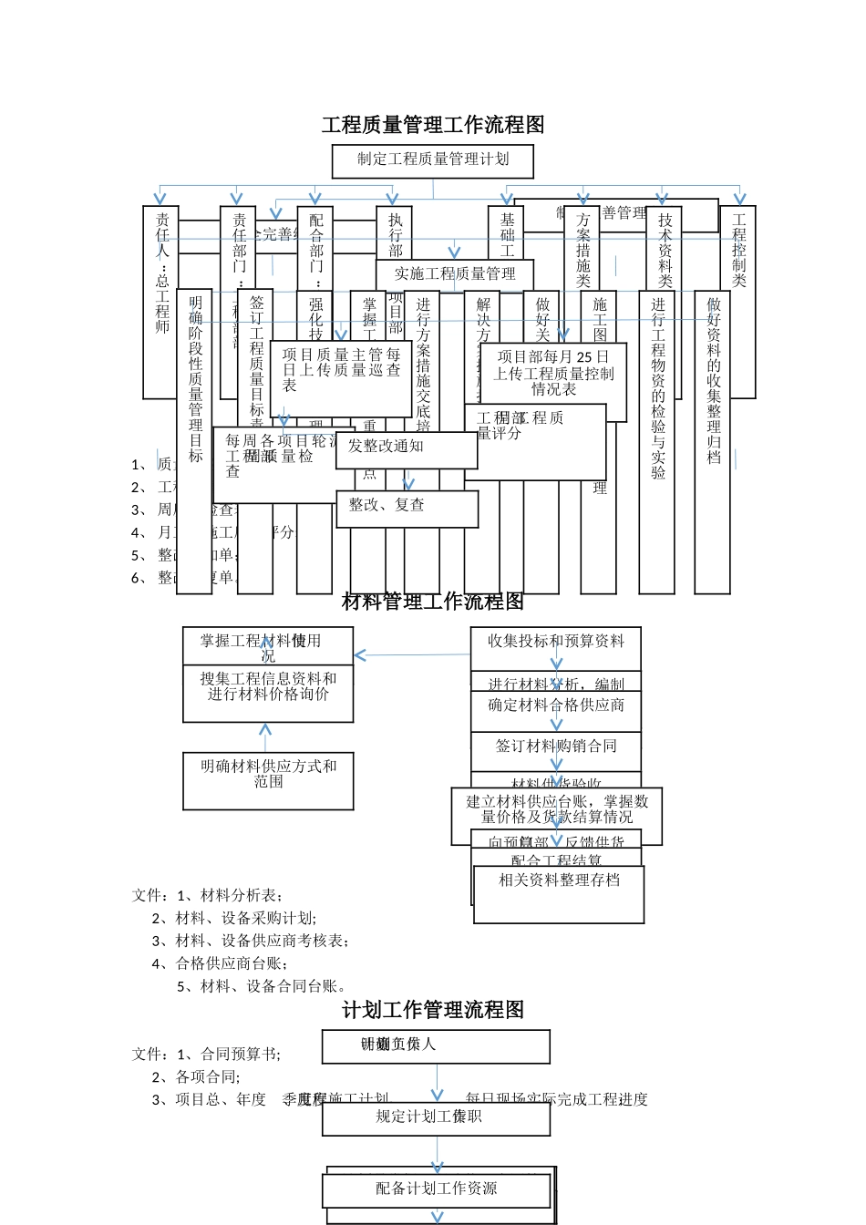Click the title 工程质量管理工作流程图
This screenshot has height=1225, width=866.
433,125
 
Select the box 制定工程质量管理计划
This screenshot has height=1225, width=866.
433,160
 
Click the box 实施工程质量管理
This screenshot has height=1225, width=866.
455,273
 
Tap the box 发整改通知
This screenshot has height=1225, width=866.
406,448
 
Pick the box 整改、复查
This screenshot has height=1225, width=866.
407,508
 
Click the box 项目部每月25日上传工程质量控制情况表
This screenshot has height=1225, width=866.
553,374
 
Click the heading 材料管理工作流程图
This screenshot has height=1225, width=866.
433,602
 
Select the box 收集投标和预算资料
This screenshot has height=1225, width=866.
556,642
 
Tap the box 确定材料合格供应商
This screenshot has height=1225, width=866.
556,707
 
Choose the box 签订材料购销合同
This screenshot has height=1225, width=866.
556,747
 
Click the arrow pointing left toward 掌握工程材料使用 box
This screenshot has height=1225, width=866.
361,655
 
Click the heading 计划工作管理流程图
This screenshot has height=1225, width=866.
433,1010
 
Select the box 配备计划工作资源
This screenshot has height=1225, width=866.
437,1189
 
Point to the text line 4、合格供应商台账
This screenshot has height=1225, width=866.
222,963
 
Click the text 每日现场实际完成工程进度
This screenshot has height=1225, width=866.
556,1099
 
